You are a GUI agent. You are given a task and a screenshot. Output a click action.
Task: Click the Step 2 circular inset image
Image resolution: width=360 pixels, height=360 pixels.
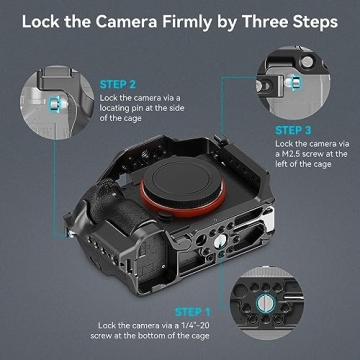pyautogui.click(x=50, y=95)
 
